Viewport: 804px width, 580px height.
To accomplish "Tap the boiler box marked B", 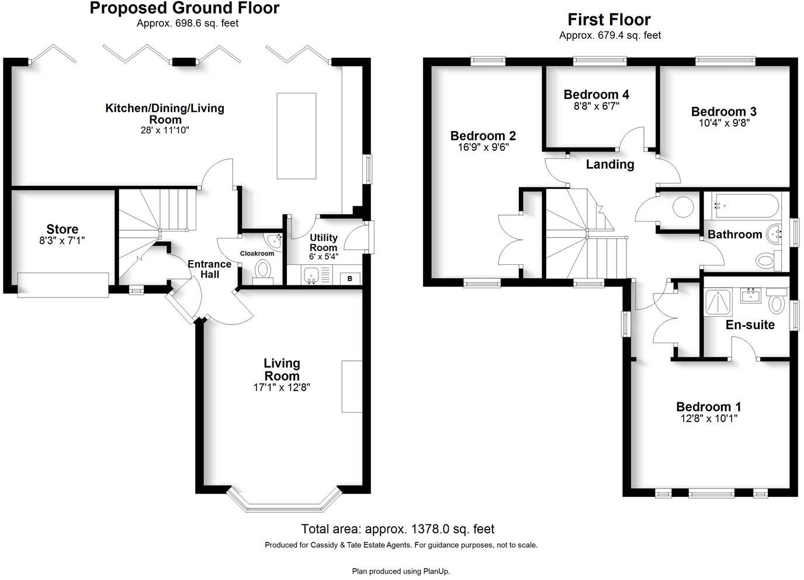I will click(x=350, y=278).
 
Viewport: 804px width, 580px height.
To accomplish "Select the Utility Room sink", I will click(x=310, y=275).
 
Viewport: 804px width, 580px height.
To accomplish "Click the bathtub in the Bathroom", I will click(x=744, y=206).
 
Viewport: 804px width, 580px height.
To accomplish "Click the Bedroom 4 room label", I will click(x=596, y=94).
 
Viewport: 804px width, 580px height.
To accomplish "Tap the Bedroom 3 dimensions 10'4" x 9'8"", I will click(x=723, y=123).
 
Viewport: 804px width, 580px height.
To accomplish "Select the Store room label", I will click(x=63, y=229).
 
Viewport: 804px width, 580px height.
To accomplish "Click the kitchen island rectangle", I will click(x=296, y=136).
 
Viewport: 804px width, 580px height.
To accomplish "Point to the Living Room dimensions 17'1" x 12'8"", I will click(x=282, y=387).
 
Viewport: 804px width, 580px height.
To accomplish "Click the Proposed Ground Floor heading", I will click(x=185, y=8).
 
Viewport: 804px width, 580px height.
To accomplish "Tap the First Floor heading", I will click(x=609, y=20).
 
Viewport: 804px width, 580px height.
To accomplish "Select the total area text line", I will click(x=397, y=529).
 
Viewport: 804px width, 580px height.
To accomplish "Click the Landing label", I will click(x=610, y=164).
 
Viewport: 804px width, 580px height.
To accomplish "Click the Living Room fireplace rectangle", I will click(x=352, y=386).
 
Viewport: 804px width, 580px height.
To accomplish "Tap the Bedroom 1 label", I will click(x=708, y=406).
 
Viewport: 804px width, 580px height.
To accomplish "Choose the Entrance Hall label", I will click(x=209, y=269).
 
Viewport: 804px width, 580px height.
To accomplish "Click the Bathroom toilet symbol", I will click(x=764, y=260).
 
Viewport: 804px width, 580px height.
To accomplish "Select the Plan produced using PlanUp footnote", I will click(x=401, y=571).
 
